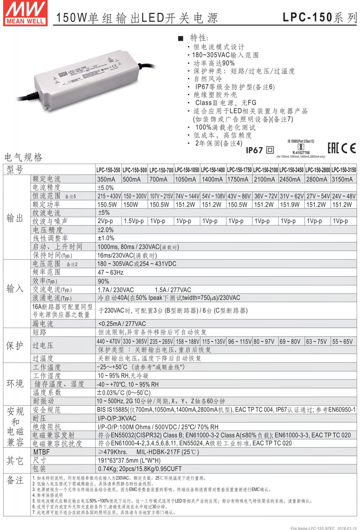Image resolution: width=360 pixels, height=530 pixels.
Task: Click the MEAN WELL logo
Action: [x=25, y=13]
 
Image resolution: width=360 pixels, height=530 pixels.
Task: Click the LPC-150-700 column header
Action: [x=161, y=170]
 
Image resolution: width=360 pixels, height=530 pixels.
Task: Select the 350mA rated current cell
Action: [x=106, y=179]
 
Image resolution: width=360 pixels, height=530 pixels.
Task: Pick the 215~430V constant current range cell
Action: [x=109, y=196]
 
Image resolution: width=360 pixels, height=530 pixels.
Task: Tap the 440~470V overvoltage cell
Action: [x=108, y=341]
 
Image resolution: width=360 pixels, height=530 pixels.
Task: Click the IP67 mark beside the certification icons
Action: [x=254, y=150]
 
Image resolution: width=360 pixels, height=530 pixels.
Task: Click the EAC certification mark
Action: [x=333, y=148]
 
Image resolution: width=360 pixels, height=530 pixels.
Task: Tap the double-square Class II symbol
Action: [x=270, y=150]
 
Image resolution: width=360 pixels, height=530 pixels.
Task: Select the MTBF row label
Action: [x=41, y=452]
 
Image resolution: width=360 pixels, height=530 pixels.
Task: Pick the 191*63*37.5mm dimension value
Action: [x=129, y=460]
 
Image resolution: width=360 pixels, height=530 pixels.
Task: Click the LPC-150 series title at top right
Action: [x=319, y=17]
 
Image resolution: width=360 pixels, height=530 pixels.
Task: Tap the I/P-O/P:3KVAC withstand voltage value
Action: [x=117, y=418]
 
